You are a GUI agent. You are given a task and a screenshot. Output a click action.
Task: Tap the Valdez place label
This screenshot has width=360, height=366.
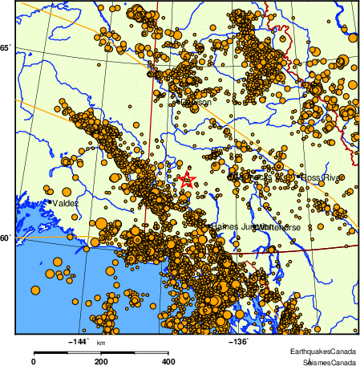[67, 204]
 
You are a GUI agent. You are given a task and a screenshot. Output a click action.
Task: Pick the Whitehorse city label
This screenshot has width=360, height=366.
[276, 227]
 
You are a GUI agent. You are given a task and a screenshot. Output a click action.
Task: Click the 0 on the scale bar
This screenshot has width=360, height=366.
[33, 362]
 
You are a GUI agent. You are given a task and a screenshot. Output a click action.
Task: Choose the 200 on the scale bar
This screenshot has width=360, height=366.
[101, 362]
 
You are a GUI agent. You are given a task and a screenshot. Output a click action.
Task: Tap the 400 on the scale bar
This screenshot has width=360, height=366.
[169, 362]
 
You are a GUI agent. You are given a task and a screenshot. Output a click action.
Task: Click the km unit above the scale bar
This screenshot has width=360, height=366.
[101, 344]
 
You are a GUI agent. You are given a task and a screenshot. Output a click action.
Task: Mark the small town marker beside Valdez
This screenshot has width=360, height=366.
[51, 202]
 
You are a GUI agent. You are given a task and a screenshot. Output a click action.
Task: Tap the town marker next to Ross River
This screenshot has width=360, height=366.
[301, 177]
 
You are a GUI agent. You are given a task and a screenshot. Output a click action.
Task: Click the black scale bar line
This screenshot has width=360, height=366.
[101, 352]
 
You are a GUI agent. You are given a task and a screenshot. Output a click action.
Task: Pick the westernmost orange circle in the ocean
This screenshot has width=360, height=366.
[35, 289]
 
